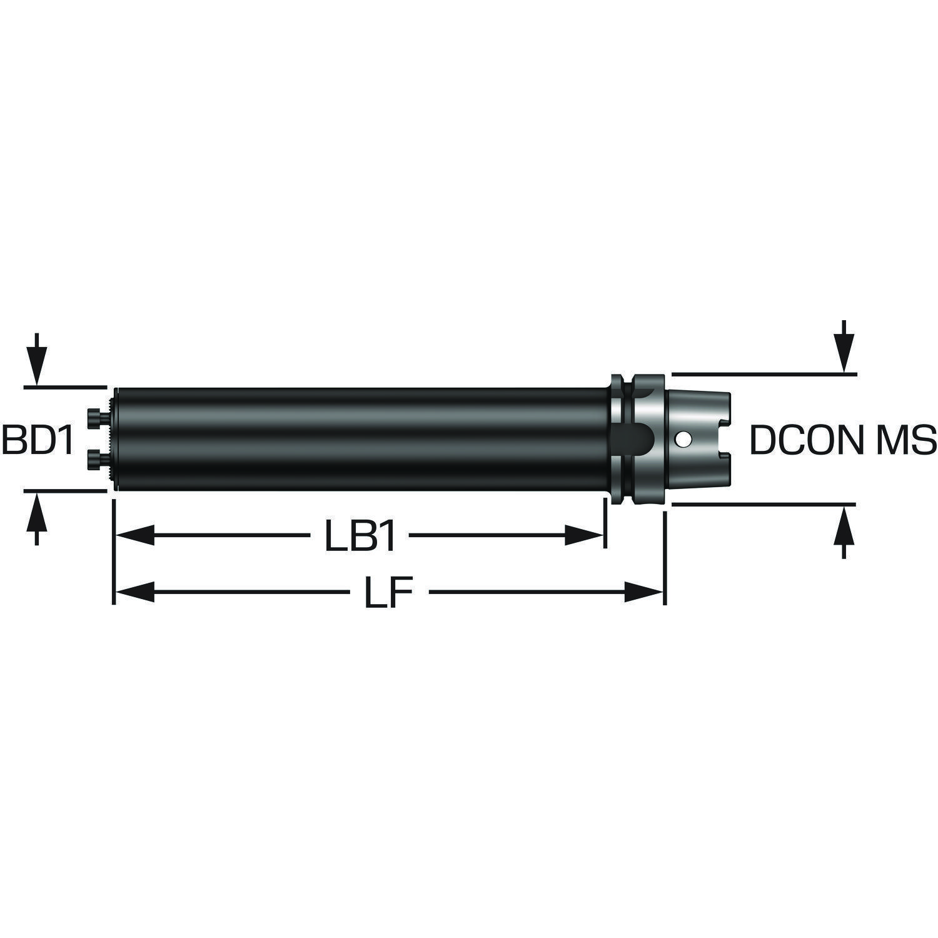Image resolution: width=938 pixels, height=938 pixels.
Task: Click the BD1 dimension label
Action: (x=38, y=440)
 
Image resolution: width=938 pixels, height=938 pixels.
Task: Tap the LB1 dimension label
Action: (x=361, y=537)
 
